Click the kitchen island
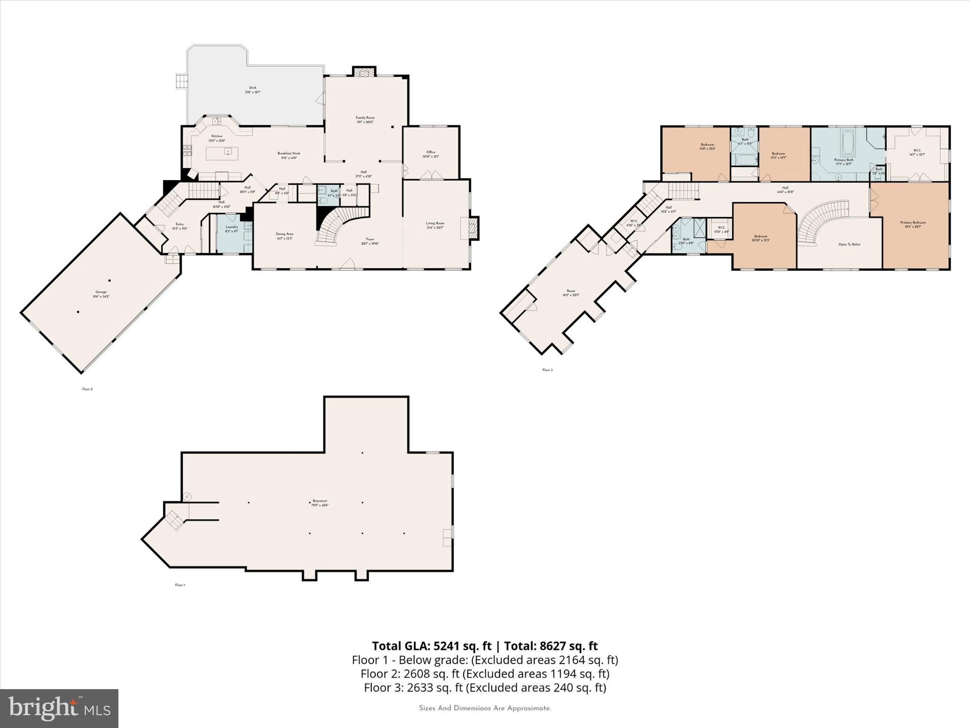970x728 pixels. tap(222, 153)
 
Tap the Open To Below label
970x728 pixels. tap(849, 245)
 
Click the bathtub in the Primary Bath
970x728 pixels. tap(847, 143)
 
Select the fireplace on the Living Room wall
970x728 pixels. tap(473, 228)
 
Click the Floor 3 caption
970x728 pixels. tap(547, 370)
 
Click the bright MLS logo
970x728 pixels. tap(59, 708)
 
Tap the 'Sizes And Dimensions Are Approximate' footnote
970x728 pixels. tap(485, 708)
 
